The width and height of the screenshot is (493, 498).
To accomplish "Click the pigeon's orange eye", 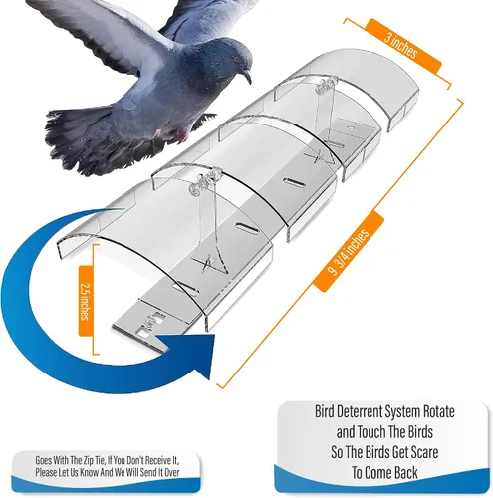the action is pyautogui.click(x=236, y=59).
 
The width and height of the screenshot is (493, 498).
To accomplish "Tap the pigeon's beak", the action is pyautogui.click(x=246, y=77).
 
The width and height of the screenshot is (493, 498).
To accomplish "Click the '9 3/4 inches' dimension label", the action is pyautogui.click(x=349, y=252).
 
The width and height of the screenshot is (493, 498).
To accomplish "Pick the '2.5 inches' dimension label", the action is pyautogui.click(x=85, y=301).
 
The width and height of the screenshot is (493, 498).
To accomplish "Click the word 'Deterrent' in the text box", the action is pyautogui.click(x=361, y=412).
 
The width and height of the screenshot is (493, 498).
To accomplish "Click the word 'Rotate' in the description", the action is pyautogui.click(x=438, y=412).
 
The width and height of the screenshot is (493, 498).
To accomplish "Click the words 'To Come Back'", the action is pyautogui.click(x=384, y=473).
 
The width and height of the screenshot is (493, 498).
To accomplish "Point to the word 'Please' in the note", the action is pyautogui.click(x=45, y=472).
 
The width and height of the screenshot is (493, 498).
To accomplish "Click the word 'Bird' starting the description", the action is pyautogui.click(x=325, y=412).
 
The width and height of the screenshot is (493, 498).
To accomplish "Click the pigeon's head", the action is pyautogui.click(x=232, y=58).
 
